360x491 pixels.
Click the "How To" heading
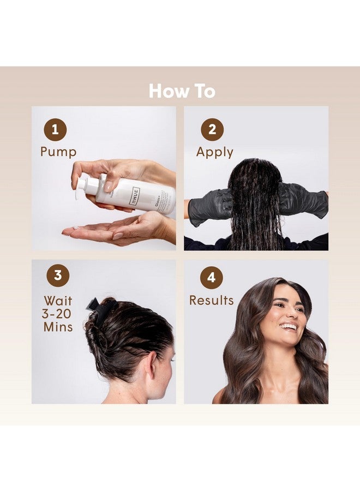(x=182, y=91)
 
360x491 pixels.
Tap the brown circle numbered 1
(x=55, y=130)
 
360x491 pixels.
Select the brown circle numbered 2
(x=212, y=130)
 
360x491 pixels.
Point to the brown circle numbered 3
(x=58, y=276)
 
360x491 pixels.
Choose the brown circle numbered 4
(x=212, y=278)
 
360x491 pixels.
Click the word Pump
(x=58, y=152)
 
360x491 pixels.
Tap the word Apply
(x=214, y=152)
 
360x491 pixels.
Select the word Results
(x=211, y=300)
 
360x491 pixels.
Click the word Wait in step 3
(x=58, y=301)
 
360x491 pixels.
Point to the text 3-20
(x=58, y=314)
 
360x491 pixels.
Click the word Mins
(x=58, y=327)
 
